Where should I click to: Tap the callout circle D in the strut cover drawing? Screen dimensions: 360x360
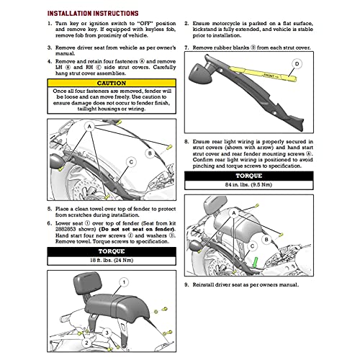(x=296, y=64)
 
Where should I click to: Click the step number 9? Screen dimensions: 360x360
(x=186, y=286)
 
